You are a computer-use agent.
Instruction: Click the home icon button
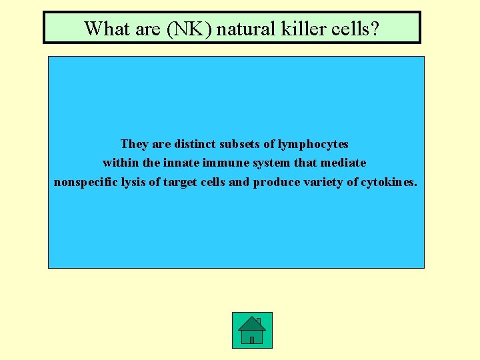(x=252, y=330)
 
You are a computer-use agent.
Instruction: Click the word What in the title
(x=103, y=28)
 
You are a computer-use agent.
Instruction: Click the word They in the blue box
(x=135, y=144)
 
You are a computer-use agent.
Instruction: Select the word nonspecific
(x=85, y=181)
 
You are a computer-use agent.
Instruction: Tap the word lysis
(x=133, y=181)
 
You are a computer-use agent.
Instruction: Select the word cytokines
(x=389, y=181)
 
